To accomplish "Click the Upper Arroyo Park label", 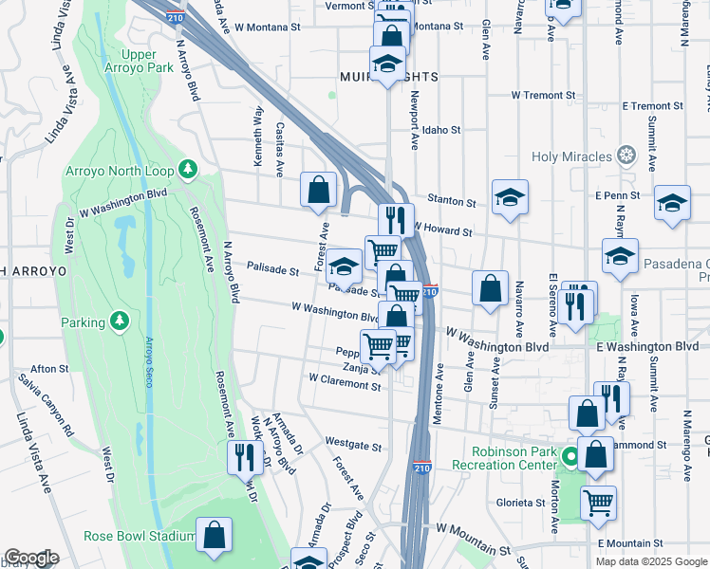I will [139, 62].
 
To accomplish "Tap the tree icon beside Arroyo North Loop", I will [188, 170].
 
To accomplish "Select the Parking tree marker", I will [120, 321].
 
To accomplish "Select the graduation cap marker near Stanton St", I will [510, 197].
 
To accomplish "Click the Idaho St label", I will [441, 130].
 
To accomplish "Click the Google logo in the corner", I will [31, 558].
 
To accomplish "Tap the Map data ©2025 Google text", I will [650, 561].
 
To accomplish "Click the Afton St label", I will [49, 368].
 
